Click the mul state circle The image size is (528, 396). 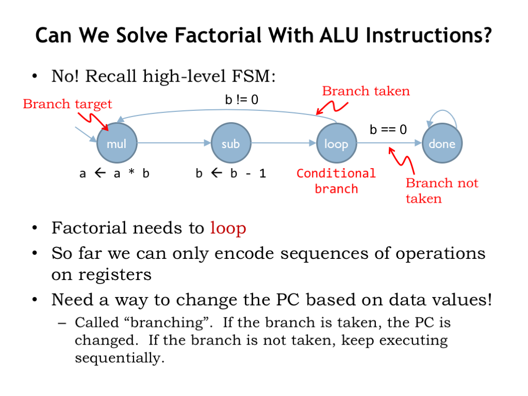coord(117,143)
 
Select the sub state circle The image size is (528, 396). coord(230,143)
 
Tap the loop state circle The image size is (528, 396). coord(336,143)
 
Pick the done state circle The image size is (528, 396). coord(442,143)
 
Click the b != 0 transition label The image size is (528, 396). coord(241,100)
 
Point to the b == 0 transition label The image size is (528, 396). coord(388,129)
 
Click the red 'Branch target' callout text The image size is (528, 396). coord(68,104)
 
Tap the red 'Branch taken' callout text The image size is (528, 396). coord(366,91)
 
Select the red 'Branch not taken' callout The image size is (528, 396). coord(441,191)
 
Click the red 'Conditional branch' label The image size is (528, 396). coord(336,181)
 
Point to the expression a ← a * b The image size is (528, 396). coord(114,174)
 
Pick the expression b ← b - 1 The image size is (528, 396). coord(230,174)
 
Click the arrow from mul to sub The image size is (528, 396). coord(174,143)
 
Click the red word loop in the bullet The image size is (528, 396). coord(228,228)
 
